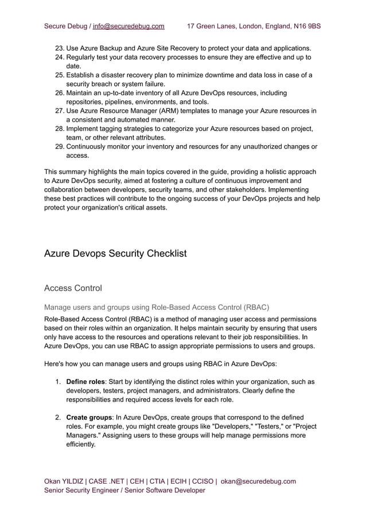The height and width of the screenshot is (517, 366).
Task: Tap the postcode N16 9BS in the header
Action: tap(306, 26)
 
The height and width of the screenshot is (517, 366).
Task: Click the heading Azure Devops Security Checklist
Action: tap(115, 253)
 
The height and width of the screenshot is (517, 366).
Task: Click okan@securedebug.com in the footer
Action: tap(258, 481)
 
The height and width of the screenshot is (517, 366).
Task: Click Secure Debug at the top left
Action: tap(64, 26)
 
